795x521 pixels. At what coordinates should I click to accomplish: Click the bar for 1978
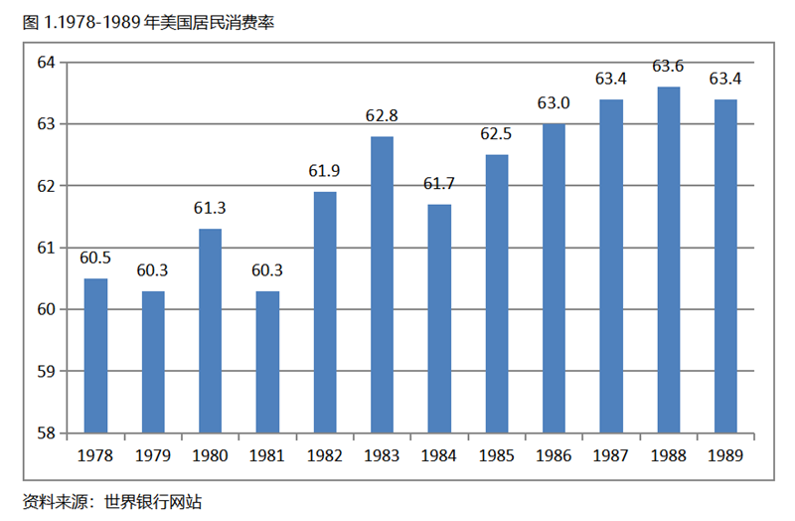(x=95, y=356)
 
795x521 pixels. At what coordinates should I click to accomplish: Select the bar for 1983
(x=382, y=284)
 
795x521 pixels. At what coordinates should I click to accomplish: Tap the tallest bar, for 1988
(x=668, y=260)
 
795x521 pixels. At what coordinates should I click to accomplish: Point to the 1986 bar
(x=554, y=278)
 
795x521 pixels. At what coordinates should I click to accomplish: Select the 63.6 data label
(x=668, y=67)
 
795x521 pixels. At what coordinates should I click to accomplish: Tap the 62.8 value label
(x=382, y=116)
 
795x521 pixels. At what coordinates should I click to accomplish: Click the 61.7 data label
(x=439, y=184)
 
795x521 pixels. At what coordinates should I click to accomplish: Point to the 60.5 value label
(x=95, y=259)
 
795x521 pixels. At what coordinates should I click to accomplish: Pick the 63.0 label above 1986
(x=554, y=103)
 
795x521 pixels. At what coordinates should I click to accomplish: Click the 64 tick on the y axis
(x=47, y=63)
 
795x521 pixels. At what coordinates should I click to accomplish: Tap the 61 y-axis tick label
(x=47, y=248)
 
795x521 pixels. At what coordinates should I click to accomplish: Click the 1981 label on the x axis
(x=267, y=456)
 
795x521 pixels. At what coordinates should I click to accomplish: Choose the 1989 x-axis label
(x=725, y=456)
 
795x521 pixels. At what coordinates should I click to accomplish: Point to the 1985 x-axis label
(x=496, y=456)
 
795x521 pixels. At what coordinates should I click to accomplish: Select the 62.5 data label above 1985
(x=496, y=134)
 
